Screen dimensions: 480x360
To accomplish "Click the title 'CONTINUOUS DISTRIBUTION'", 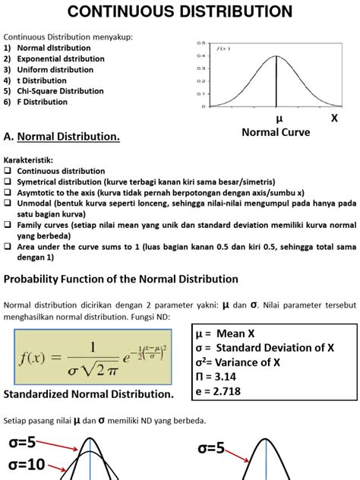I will (180, 11).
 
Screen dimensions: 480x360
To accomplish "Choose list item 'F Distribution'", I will (45, 101).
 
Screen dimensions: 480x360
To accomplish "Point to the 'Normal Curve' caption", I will (276, 132).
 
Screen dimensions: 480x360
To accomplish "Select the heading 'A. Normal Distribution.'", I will (62, 137).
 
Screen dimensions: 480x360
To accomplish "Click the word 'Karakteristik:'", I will (30, 161).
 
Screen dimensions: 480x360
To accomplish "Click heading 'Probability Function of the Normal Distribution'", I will (122, 279).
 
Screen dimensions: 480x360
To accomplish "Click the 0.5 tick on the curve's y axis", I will (200, 43).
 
